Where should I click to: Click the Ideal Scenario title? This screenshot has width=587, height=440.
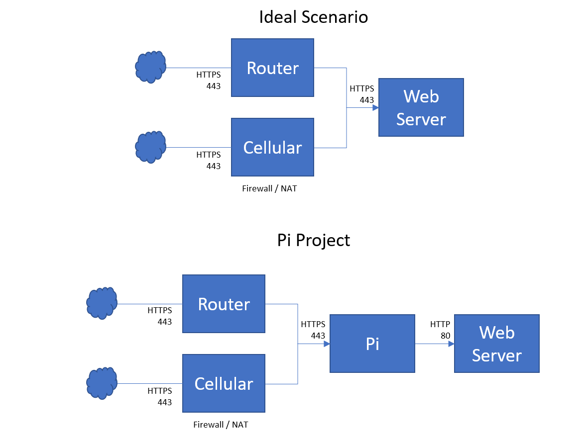pyautogui.click(x=313, y=17)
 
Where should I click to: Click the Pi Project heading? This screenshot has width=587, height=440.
pyautogui.click(x=313, y=241)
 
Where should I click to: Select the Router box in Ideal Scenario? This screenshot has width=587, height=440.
pyautogui.click(x=272, y=68)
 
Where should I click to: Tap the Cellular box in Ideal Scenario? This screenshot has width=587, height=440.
pyautogui.click(x=272, y=147)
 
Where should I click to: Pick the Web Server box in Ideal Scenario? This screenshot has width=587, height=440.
pyautogui.click(x=421, y=107)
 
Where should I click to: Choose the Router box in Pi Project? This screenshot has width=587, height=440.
pyautogui.click(x=224, y=304)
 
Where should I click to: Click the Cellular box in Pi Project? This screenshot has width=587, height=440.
pyautogui.click(x=224, y=383)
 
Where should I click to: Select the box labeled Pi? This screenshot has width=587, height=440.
pyautogui.click(x=372, y=344)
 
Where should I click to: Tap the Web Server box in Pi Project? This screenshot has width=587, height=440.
pyautogui.click(x=496, y=344)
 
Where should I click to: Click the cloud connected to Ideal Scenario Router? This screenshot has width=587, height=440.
pyautogui.click(x=150, y=67)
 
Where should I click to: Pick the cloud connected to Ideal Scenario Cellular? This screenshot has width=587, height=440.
pyautogui.click(x=150, y=147)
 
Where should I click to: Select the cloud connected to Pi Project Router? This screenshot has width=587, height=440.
pyautogui.click(x=102, y=303)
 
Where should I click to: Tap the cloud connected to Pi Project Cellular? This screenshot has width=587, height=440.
pyautogui.click(x=102, y=383)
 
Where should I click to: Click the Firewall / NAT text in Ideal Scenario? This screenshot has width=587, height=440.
pyautogui.click(x=269, y=189)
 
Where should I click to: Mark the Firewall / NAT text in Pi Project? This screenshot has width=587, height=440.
pyautogui.click(x=221, y=425)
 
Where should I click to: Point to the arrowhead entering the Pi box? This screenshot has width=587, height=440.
pyautogui.click(x=327, y=344)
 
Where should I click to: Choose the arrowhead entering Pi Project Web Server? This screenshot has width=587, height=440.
pyautogui.click(x=451, y=344)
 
